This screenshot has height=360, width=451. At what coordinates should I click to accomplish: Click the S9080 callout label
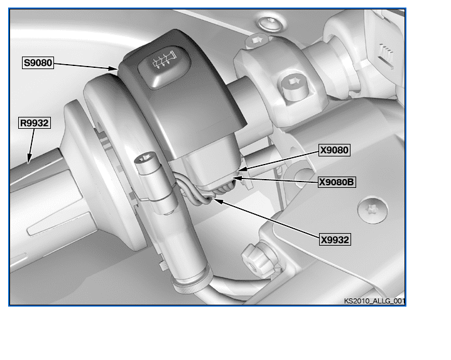click(38, 63)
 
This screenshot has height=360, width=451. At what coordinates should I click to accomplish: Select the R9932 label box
click(34, 123)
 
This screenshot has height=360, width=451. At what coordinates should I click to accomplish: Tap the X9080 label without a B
click(334, 150)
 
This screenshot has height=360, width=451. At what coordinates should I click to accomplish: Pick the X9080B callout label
click(337, 182)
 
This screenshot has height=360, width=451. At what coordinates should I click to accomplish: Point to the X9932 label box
click(335, 240)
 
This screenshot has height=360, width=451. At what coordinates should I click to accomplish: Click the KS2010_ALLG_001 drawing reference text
click(374, 301)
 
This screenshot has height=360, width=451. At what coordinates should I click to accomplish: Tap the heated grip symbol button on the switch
click(165, 67)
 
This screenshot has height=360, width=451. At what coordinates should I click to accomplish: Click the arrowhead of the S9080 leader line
click(114, 68)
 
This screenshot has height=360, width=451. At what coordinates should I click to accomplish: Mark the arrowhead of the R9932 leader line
click(29, 159)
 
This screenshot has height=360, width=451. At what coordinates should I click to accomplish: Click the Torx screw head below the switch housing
click(145, 158)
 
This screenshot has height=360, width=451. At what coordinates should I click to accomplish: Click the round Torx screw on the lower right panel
click(372, 209)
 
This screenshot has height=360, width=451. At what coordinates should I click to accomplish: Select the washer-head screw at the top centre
click(269, 24)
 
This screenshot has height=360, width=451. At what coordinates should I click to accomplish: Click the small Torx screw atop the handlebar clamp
click(256, 41)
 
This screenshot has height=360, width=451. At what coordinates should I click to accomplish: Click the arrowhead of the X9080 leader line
click(242, 169)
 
